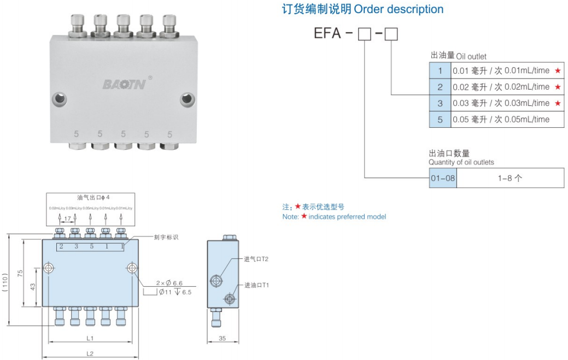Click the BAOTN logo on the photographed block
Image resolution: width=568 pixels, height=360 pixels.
(x=124, y=84)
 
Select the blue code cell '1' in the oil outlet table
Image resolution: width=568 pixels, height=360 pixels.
(x=440, y=70)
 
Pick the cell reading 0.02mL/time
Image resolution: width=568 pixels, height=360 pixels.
(x=501, y=87)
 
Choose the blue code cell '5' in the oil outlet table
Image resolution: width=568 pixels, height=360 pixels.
(x=440, y=120)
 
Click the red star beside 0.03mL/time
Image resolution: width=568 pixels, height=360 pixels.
(x=557, y=103)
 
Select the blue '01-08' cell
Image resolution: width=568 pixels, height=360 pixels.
(x=443, y=178)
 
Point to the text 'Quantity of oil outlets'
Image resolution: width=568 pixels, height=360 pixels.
(x=461, y=162)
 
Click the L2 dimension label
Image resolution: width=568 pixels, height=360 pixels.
(x=90, y=353)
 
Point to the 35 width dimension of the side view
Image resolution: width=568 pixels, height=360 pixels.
(x=222, y=339)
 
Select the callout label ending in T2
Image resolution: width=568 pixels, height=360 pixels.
(x=256, y=258)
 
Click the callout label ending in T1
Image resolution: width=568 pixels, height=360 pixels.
(x=256, y=285)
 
